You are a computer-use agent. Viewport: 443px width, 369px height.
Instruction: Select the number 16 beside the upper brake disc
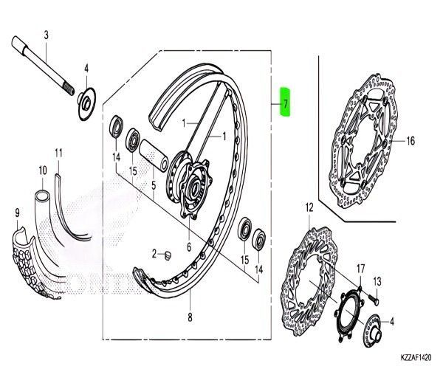pos(411,141)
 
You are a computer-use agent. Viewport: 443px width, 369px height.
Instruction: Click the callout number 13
pos(377,282)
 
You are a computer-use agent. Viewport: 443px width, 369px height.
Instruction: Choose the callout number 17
pos(360,266)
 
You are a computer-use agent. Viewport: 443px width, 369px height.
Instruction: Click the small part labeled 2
pos(168,255)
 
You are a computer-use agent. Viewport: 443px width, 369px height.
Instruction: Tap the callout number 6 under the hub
pos(189,247)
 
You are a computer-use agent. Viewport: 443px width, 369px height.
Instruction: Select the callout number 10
pos(41,169)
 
